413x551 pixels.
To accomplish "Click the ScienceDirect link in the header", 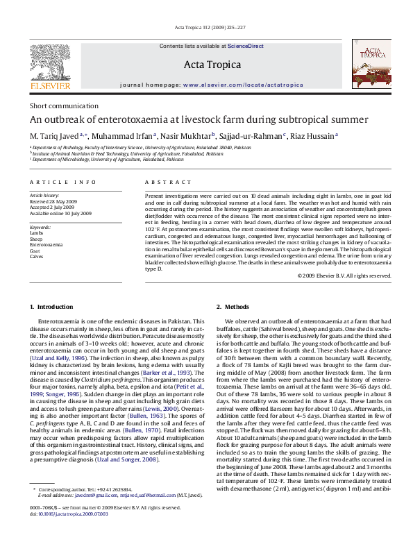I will point(246,46).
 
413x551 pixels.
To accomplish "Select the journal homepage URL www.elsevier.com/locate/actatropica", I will point(243,85).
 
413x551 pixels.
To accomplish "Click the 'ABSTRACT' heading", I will point(167,182).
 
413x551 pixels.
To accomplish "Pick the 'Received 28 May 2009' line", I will point(59,202).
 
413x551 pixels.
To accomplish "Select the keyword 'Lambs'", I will point(37,234).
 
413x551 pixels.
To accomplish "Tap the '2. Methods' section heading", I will point(233,307).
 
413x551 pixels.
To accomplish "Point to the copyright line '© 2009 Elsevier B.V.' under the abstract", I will point(344,275).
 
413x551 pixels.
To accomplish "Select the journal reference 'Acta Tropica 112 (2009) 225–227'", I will point(206,28).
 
